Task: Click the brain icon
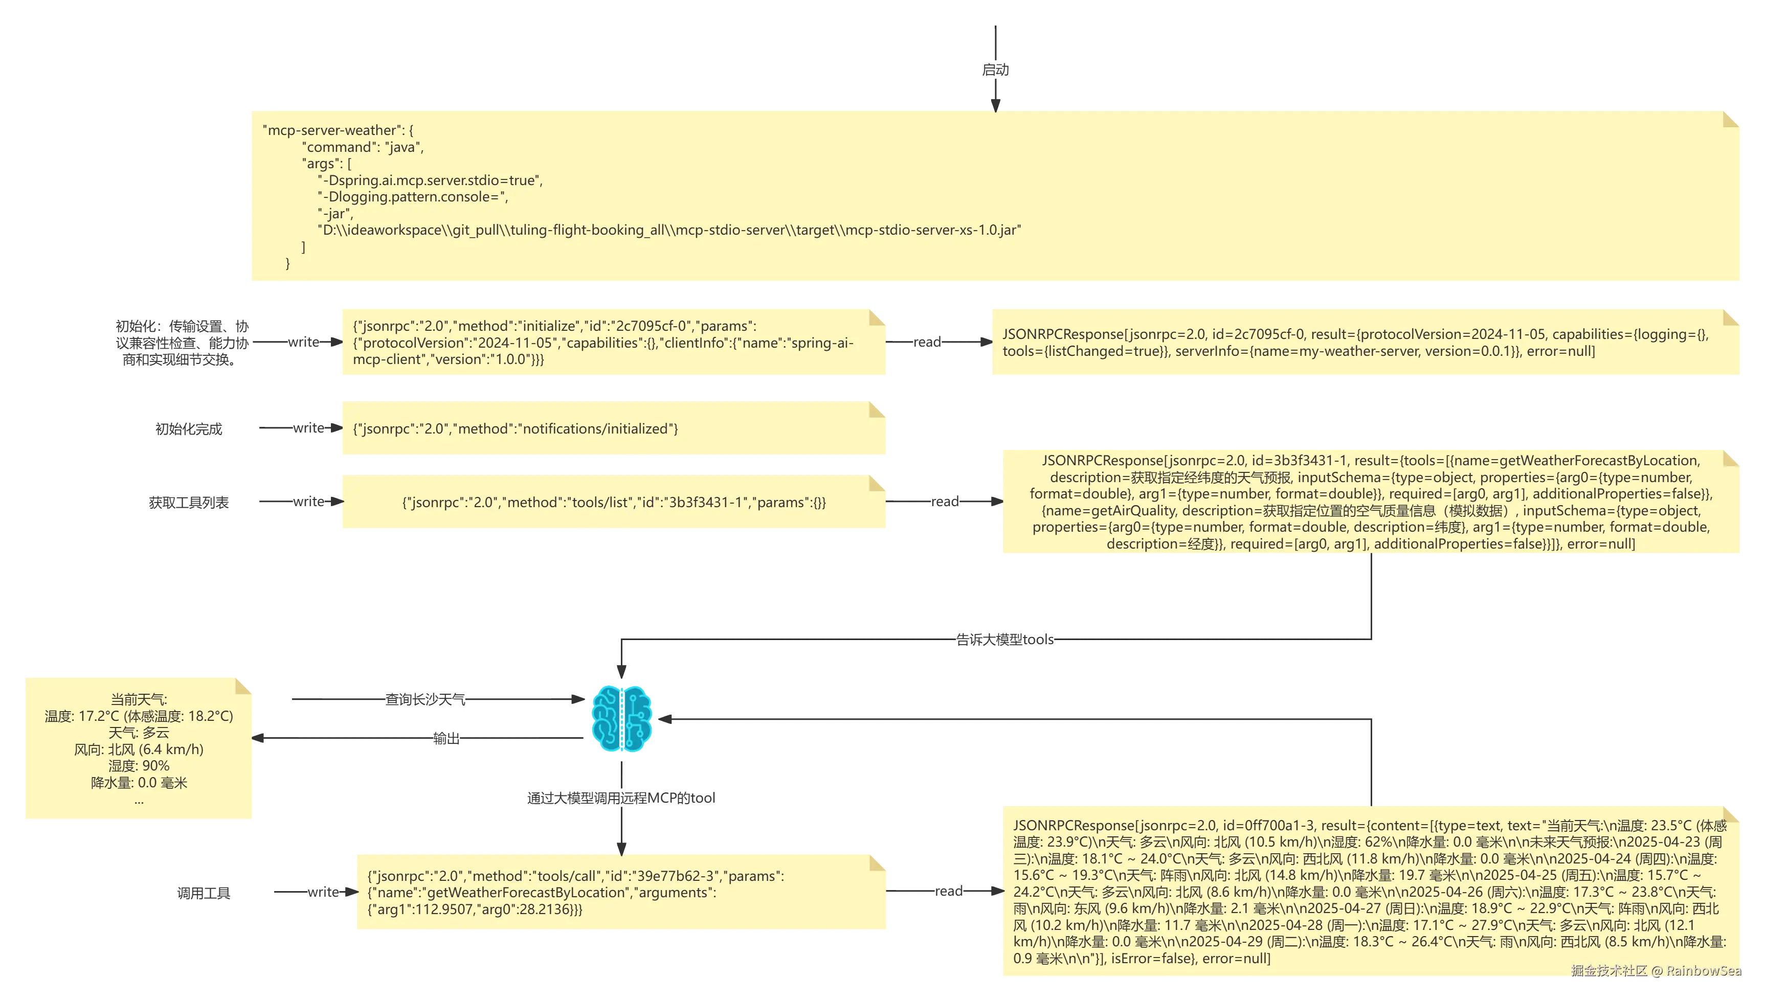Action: tap(621, 718)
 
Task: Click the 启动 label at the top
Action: tap(995, 70)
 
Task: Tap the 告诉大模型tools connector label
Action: tap(1004, 640)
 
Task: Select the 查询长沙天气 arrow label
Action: tap(425, 699)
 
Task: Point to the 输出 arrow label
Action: tap(446, 738)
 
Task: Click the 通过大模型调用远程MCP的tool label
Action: tap(621, 798)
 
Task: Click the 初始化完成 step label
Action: tap(188, 429)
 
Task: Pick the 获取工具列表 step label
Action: tap(188, 503)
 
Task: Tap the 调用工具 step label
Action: tap(204, 893)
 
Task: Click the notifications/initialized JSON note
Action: tap(613, 427)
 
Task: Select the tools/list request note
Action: tap(613, 501)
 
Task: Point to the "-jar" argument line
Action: tap(336, 214)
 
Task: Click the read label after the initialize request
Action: tap(927, 342)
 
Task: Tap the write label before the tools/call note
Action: tap(324, 892)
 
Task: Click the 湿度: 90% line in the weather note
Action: tap(139, 766)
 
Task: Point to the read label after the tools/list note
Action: tap(945, 502)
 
